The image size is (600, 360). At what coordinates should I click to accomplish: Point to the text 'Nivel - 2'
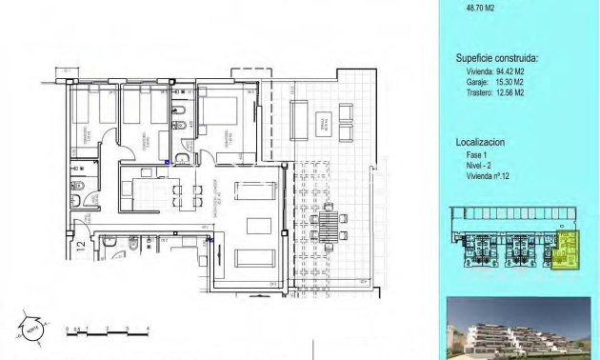point(473,165)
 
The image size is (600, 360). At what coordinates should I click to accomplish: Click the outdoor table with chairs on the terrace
point(327,223)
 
